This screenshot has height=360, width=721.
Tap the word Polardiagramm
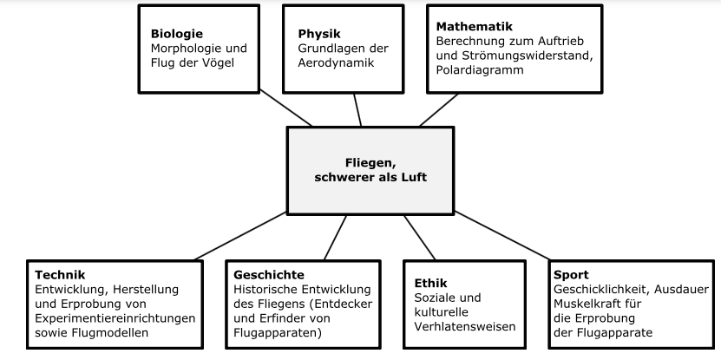(x=480, y=70)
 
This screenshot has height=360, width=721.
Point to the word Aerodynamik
(x=335, y=63)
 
